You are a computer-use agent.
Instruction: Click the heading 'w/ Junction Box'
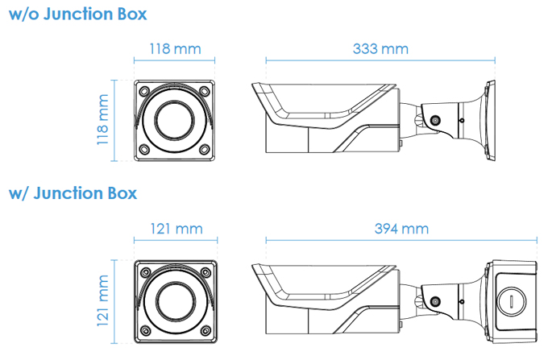(73, 193)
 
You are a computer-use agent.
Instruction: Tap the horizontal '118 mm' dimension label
(175, 48)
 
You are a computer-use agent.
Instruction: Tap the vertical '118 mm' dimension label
(102, 120)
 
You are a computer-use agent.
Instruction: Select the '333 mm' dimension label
(380, 48)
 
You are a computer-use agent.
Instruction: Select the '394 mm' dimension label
(401, 228)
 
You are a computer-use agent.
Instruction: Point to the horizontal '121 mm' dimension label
(176, 229)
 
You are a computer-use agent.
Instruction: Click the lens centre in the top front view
(175, 121)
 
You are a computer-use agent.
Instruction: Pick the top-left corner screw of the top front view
(144, 90)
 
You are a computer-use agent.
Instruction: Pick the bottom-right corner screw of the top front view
(205, 151)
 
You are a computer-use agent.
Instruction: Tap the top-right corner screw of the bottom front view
(206, 271)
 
